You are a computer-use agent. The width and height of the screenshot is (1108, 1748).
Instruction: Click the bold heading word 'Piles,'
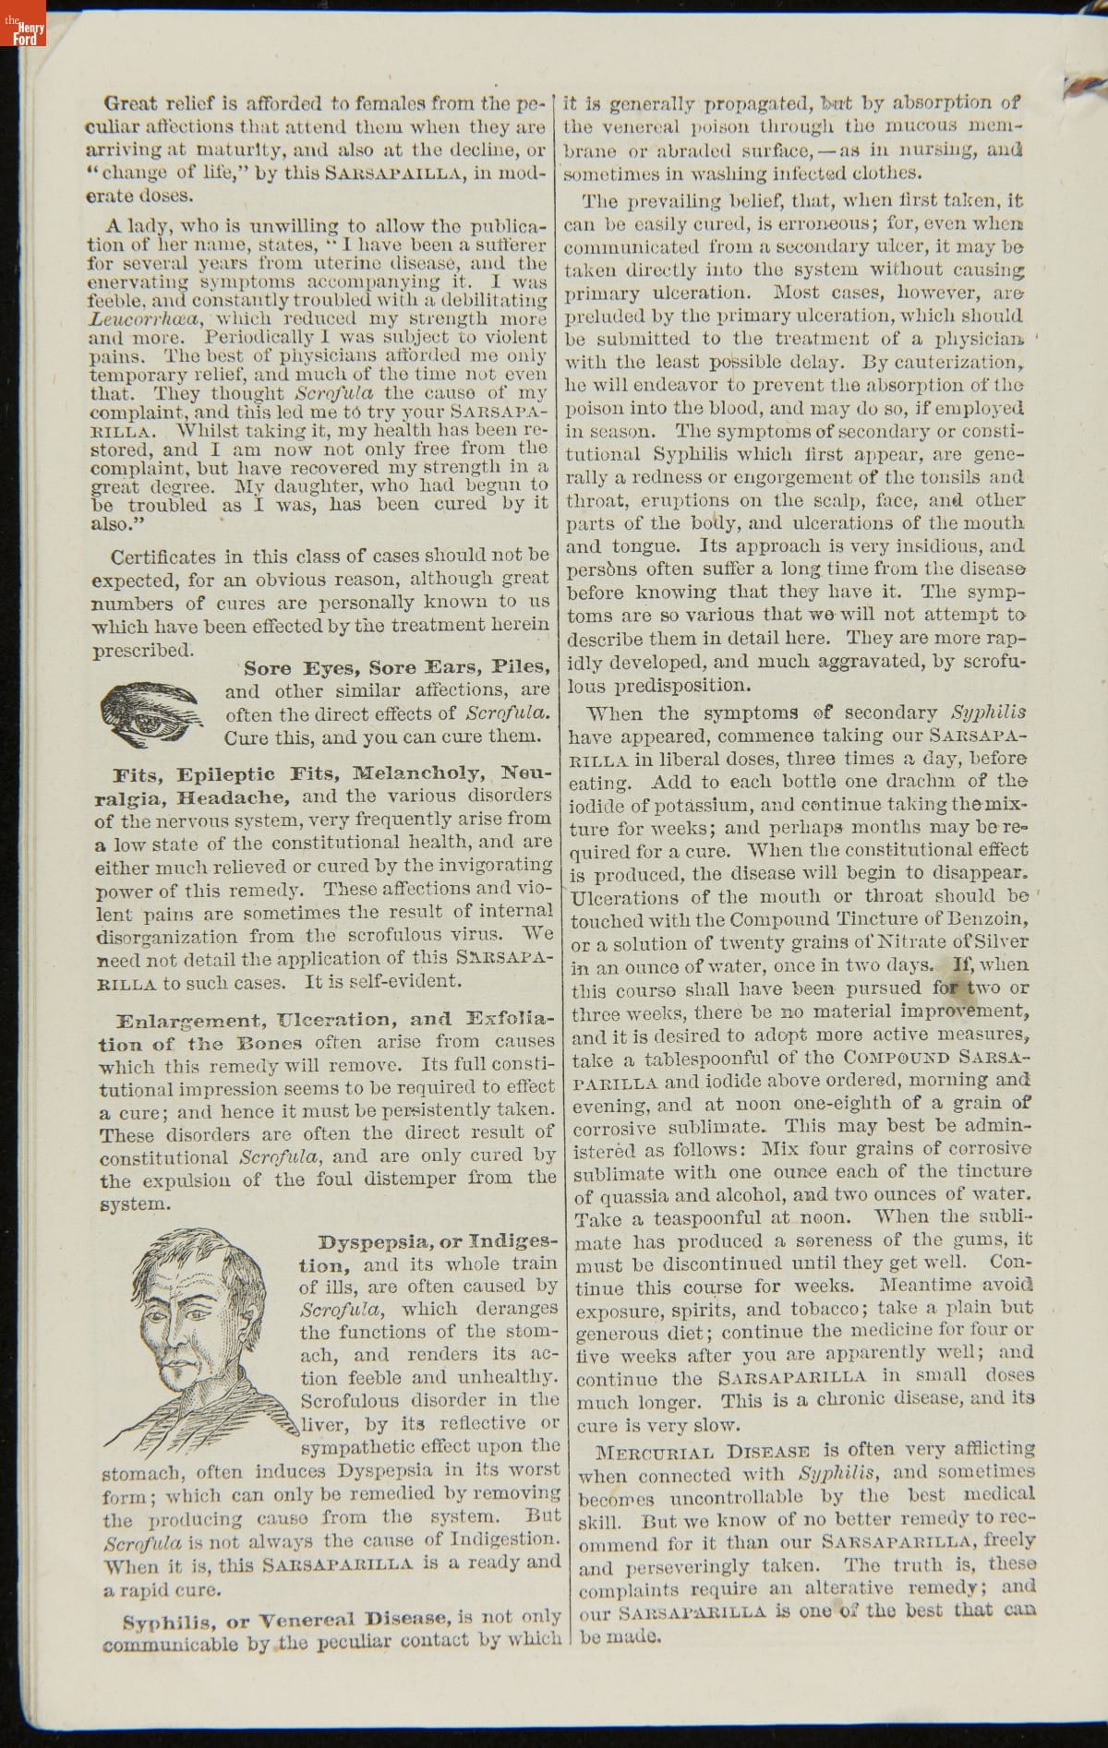pyautogui.click(x=522, y=666)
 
